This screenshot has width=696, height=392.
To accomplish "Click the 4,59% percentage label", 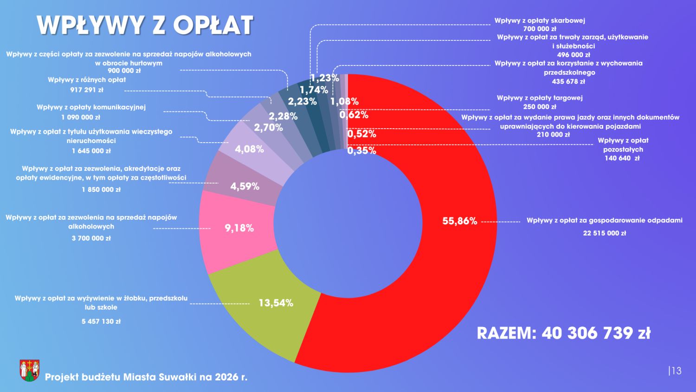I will point(245,186).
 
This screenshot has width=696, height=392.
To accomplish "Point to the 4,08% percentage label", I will point(249,149).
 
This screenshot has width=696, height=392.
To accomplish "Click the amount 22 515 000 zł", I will point(604,233).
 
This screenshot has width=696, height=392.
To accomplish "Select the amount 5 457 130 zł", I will point(101,321).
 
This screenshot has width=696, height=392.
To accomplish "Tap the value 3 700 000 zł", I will point(91,238).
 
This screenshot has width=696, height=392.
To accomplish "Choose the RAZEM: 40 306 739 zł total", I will point(563,333).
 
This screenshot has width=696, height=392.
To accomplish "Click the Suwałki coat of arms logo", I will point(29,370).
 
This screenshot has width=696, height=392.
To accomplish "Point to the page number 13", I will point(676,371).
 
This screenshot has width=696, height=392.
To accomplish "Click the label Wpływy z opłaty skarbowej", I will point(540,20).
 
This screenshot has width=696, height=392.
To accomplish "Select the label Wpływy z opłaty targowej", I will point(540,98).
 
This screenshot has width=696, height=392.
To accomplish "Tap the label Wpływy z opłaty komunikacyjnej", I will point(91,107).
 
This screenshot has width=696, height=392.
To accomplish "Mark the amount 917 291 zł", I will point(87,90).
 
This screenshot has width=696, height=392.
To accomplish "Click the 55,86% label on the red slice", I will point(459,221).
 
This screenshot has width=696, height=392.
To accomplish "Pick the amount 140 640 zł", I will point(622,158).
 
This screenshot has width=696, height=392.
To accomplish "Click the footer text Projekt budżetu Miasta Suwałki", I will point(146,377).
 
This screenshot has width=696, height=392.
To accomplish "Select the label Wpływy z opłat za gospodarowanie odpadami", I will point(604,220).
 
